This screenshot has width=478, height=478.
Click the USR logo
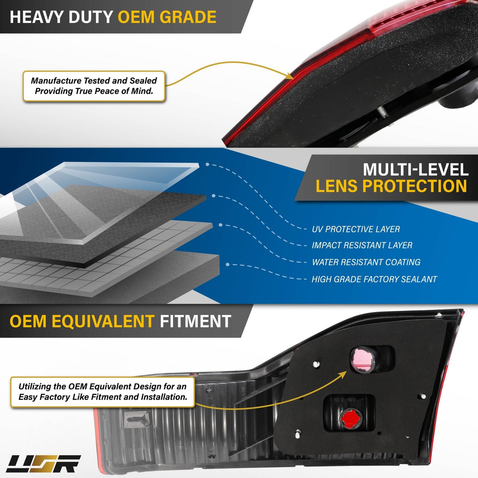click(x=43, y=464)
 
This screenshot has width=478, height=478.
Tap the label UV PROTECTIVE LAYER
click(x=356, y=229)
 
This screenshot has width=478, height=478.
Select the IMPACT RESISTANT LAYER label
click(x=362, y=245)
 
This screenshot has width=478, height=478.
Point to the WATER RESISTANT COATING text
click(x=366, y=262)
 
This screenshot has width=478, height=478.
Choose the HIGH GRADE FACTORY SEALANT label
click(x=374, y=279)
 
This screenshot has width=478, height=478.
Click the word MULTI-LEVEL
click(x=416, y=170)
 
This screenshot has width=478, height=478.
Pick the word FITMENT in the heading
click(x=196, y=321)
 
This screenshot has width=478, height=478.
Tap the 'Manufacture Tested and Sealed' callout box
click(x=94, y=86)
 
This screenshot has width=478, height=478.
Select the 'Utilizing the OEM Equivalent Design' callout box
click(x=102, y=392)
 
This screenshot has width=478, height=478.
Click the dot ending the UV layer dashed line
click(x=207, y=164)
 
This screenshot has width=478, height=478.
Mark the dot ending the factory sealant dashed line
click(x=227, y=264)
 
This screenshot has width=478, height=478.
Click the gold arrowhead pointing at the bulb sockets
click(x=343, y=374)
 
